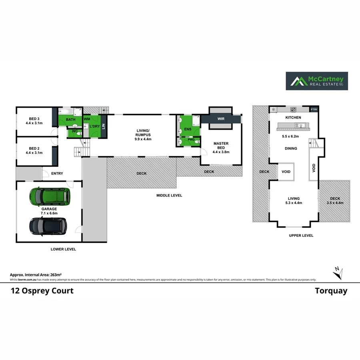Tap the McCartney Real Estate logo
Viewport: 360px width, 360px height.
pyautogui.click(x=316, y=81)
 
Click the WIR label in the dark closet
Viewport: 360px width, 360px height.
pyautogui.click(x=221, y=119)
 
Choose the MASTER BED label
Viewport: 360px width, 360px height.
pyautogui.click(x=221, y=146)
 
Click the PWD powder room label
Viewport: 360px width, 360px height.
pyautogui.click(x=191, y=140)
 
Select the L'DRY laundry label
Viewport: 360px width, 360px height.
pyautogui.click(x=94, y=126)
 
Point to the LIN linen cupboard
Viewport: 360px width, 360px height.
pyautogui.click(x=104, y=126)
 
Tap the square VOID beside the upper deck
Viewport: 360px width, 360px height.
pyautogui.click(x=286, y=172)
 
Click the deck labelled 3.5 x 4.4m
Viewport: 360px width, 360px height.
pyautogui.click(x=335, y=200)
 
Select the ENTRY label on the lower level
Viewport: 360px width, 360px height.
pyautogui.click(x=57, y=173)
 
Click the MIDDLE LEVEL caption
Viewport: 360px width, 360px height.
pyautogui.click(x=169, y=195)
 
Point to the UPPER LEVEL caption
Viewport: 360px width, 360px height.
pyautogui.click(x=301, y=236)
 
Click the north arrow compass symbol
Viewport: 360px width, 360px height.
pyautogui.click(x=338, y=273)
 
